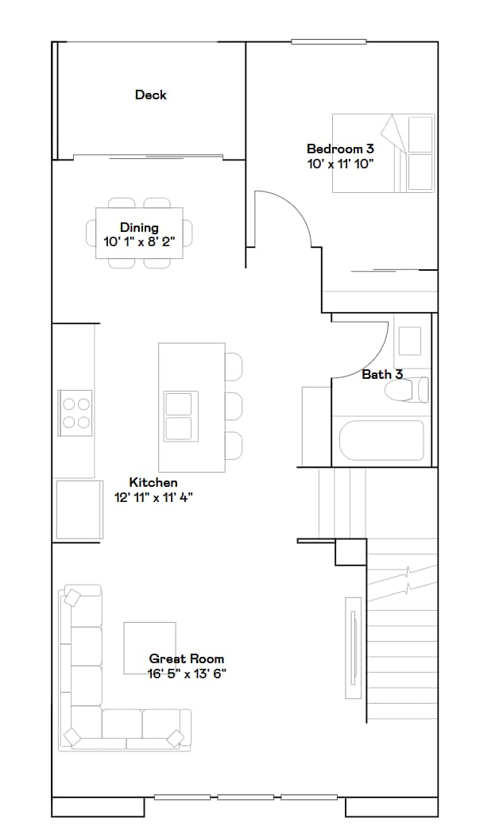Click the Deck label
coord(150,95)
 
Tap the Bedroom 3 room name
coord(340,149)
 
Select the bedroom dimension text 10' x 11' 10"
coord(340,164)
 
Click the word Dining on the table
coord(139,228)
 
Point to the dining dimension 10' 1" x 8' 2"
coord(139,241)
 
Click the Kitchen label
coord(153,482)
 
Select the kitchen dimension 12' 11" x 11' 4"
coord(153,497)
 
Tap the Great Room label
coord(187,658)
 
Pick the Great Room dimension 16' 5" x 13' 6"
coord(187,674)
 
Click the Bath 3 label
coord(382,374)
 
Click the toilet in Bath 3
coord(407,390)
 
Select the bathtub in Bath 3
coord(381,440)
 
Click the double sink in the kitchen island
coord(178,416)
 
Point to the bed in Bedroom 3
coord(384,153)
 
